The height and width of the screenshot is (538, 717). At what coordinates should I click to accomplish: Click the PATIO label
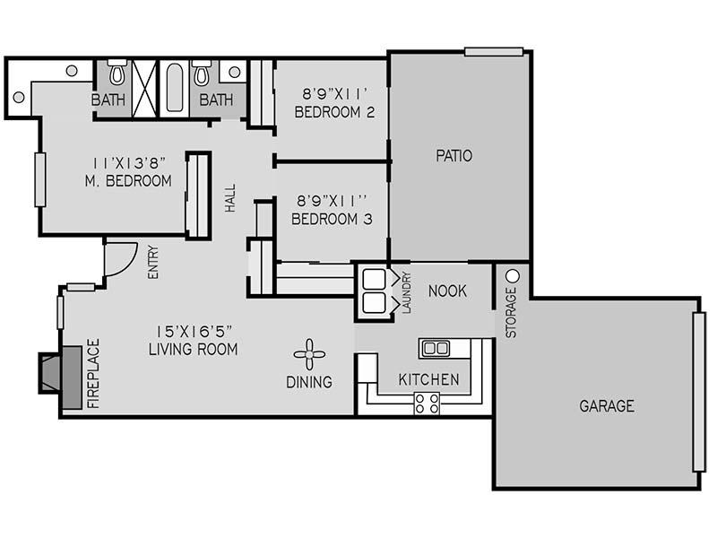[454, 155]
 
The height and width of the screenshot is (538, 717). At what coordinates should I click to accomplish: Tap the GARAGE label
[607, 406]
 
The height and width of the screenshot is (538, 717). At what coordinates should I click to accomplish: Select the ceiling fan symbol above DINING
[309, 354]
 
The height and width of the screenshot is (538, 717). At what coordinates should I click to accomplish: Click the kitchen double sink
[436, 349]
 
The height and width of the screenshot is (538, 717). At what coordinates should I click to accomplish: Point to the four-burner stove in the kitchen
[427, 403]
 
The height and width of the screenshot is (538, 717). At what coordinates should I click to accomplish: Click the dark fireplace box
[60, 377]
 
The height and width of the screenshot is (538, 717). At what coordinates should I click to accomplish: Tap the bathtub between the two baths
[175, 88]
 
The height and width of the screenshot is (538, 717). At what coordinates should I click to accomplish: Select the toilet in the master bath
[117, 72]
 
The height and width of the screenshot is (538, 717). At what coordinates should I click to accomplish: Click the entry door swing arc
[125, 265]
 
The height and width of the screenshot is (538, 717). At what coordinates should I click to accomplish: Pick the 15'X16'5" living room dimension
[194, 331]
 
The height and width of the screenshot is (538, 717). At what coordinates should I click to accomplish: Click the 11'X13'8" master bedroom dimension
[128, 163]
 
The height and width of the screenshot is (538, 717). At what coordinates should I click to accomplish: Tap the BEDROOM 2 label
[334, 112]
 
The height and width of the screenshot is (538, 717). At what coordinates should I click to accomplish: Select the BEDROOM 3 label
[332, 219]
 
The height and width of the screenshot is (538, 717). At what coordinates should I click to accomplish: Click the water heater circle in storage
[513, 276]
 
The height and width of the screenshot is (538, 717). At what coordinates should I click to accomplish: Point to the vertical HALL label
[230, 198]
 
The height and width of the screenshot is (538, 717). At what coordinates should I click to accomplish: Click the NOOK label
[447, 291]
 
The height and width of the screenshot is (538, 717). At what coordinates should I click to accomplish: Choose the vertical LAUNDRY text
[407, 293]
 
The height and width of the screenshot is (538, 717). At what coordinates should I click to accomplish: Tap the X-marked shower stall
[144, 88]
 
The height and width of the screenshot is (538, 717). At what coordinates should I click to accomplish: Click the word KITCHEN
[429, 379]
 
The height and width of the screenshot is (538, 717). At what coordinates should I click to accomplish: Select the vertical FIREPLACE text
[93, 373]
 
